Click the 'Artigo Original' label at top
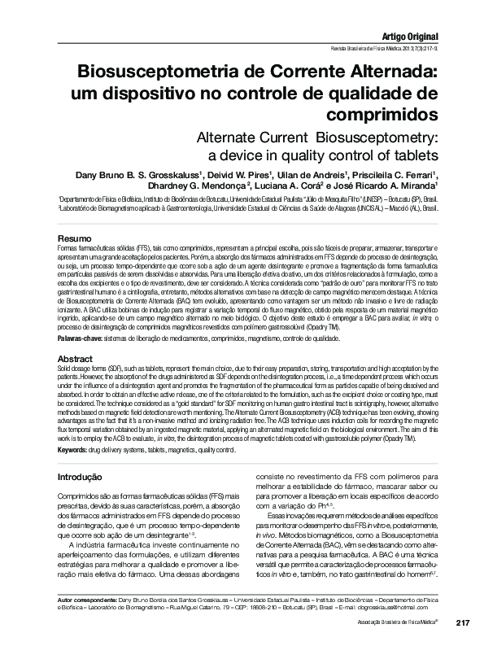(410, 37)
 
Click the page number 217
(463, 622)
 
